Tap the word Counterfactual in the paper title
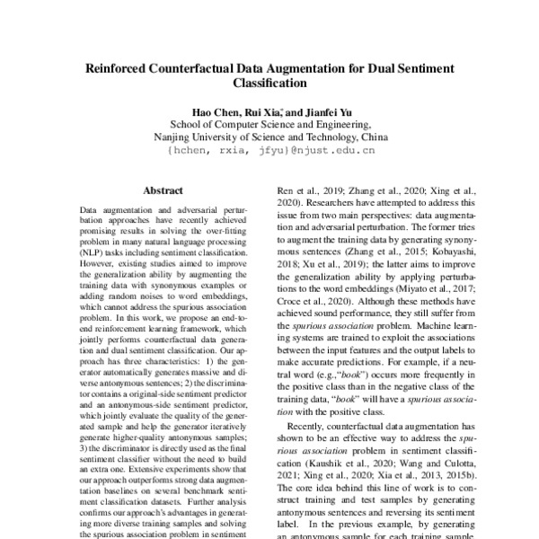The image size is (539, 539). (202, 66)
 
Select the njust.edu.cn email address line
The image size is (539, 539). (269, 153)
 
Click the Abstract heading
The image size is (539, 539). (163, 190)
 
